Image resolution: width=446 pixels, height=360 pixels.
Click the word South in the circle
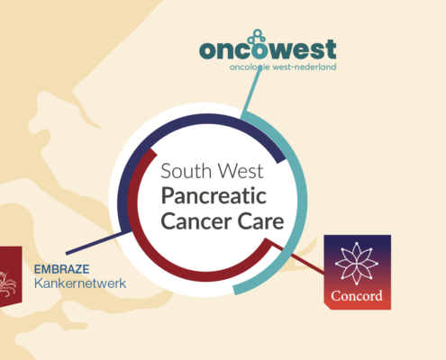point(187,171)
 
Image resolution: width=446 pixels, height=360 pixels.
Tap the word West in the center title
point(241,171)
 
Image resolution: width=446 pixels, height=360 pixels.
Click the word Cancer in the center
point(196,221)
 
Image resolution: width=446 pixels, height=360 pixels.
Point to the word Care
point(260,221)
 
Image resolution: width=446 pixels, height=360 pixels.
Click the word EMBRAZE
point(61,269)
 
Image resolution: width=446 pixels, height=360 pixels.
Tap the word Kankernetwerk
point(80,283)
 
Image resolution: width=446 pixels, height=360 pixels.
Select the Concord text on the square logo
point(357,296)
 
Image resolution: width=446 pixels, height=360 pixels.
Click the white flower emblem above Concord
point(357,264)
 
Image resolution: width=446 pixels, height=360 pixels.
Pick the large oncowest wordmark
point(268,49)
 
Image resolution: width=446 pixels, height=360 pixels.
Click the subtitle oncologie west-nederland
point(283,67)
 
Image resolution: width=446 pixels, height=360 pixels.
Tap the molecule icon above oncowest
point(257,37)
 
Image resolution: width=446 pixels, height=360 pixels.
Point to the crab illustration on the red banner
point(7,283)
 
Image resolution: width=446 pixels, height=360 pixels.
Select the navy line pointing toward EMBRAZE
point(98,242)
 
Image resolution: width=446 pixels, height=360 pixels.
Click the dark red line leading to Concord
point(297,257)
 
